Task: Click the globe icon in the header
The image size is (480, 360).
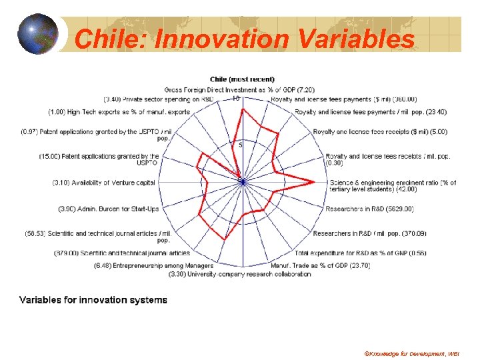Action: point(38,33)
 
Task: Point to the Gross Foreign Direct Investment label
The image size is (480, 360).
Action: point(240,89)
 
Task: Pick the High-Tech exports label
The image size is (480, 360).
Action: point(119,111)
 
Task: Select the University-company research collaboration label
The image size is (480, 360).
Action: point(240,273)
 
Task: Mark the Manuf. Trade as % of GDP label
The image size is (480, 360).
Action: point(320,265)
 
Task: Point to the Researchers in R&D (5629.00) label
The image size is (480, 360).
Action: point(369,209)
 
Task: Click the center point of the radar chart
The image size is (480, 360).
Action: point(242,181)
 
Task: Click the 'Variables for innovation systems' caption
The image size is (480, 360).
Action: point(93,300)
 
